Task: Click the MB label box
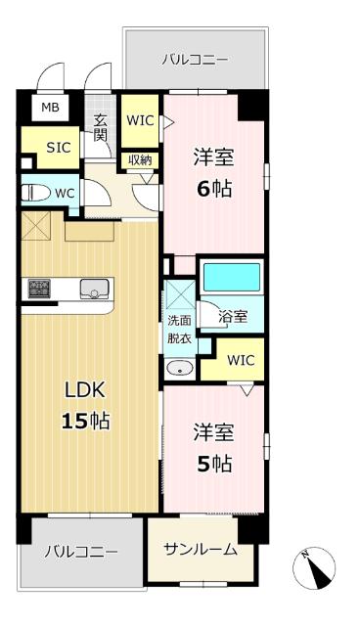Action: pos(48,107)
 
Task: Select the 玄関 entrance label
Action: pos(100,128)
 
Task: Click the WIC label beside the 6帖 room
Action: pos(140,121)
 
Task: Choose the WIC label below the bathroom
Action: pos(241,360)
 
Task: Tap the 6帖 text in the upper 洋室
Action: pos(213,189)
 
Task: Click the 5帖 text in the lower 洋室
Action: pos(213,463)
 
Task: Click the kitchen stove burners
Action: pos(39,288)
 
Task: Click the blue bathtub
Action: pos(232,277)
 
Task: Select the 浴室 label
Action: pos(233,318)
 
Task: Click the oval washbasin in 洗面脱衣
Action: pos(179,369)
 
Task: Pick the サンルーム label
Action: pos(200,549)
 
